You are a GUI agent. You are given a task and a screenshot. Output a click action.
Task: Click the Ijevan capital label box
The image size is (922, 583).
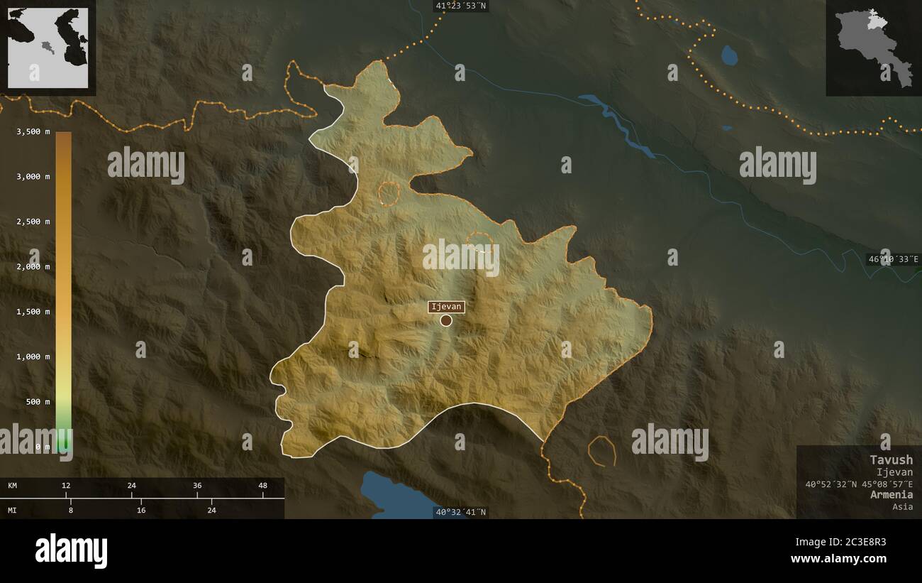point(446,307)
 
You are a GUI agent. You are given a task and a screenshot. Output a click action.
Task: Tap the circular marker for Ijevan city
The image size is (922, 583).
point(446,320)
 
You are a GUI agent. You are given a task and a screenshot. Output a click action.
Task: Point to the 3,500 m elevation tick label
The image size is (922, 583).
point(33,131)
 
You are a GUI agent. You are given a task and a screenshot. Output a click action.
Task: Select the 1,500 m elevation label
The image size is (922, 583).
point(33,312)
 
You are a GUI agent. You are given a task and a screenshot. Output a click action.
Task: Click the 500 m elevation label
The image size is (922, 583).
point(38,402)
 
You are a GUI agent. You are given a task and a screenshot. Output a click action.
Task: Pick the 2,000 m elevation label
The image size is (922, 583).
point(33,266)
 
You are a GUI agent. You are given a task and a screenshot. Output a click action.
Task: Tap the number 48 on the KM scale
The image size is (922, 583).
point(262,486)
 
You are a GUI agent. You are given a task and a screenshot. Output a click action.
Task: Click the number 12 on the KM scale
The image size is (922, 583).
point(66,486)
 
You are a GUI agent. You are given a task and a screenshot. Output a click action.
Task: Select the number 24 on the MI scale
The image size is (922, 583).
point(211,510)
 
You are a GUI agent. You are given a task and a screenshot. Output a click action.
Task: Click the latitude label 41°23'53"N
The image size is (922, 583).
point(461,6)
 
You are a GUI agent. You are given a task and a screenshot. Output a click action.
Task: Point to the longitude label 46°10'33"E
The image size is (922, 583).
point(893,259)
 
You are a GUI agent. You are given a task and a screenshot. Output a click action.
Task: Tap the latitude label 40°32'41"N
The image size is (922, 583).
point(461,512)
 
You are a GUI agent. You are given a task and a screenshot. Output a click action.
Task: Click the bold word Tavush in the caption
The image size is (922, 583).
point(892,459)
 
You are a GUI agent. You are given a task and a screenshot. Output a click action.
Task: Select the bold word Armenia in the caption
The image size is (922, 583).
point(892,494)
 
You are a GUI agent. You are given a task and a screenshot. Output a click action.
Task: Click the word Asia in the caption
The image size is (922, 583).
point(903,506)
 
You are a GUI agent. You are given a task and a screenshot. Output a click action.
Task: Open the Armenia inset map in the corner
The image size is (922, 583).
point(873,48)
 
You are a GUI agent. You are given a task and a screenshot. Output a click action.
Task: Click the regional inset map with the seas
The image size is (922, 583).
point(48,48)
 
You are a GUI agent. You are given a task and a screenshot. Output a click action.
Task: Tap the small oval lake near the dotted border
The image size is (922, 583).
point(728,55)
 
